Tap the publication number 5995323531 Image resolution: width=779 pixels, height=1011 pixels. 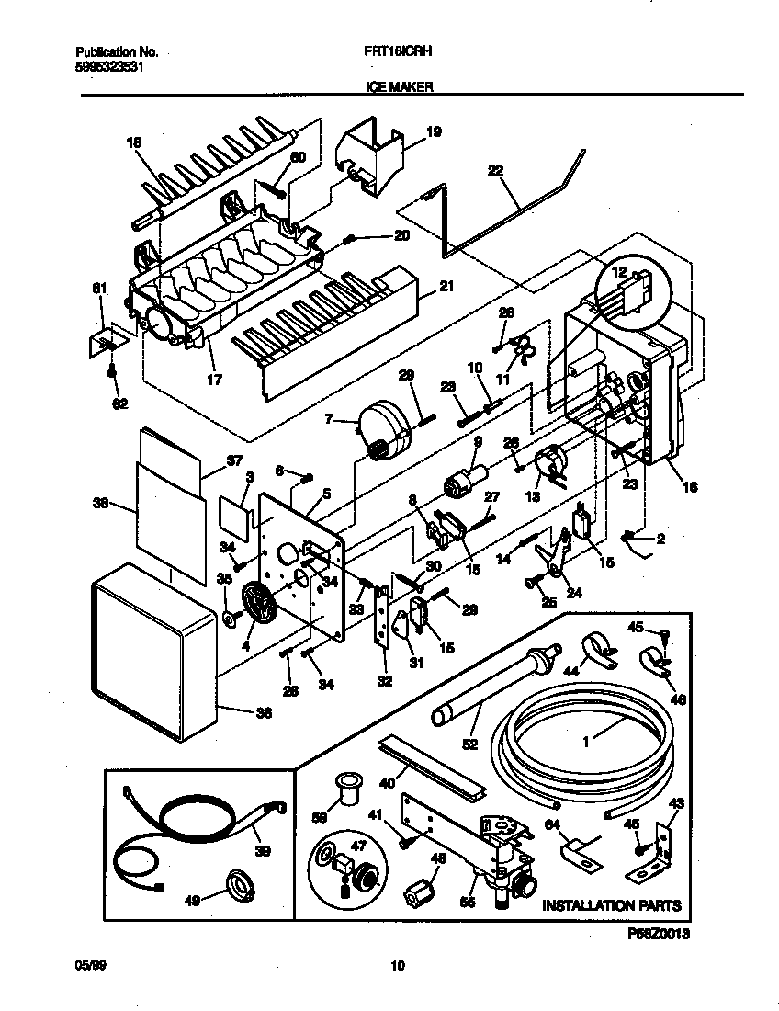(107, 67)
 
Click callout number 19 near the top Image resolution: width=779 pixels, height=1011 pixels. (434, 132)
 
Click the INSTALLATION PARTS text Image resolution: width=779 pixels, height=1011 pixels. (611, 905)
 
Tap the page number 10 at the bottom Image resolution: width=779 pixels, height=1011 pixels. (397, 966)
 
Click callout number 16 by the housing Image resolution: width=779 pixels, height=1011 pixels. (689, 487)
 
